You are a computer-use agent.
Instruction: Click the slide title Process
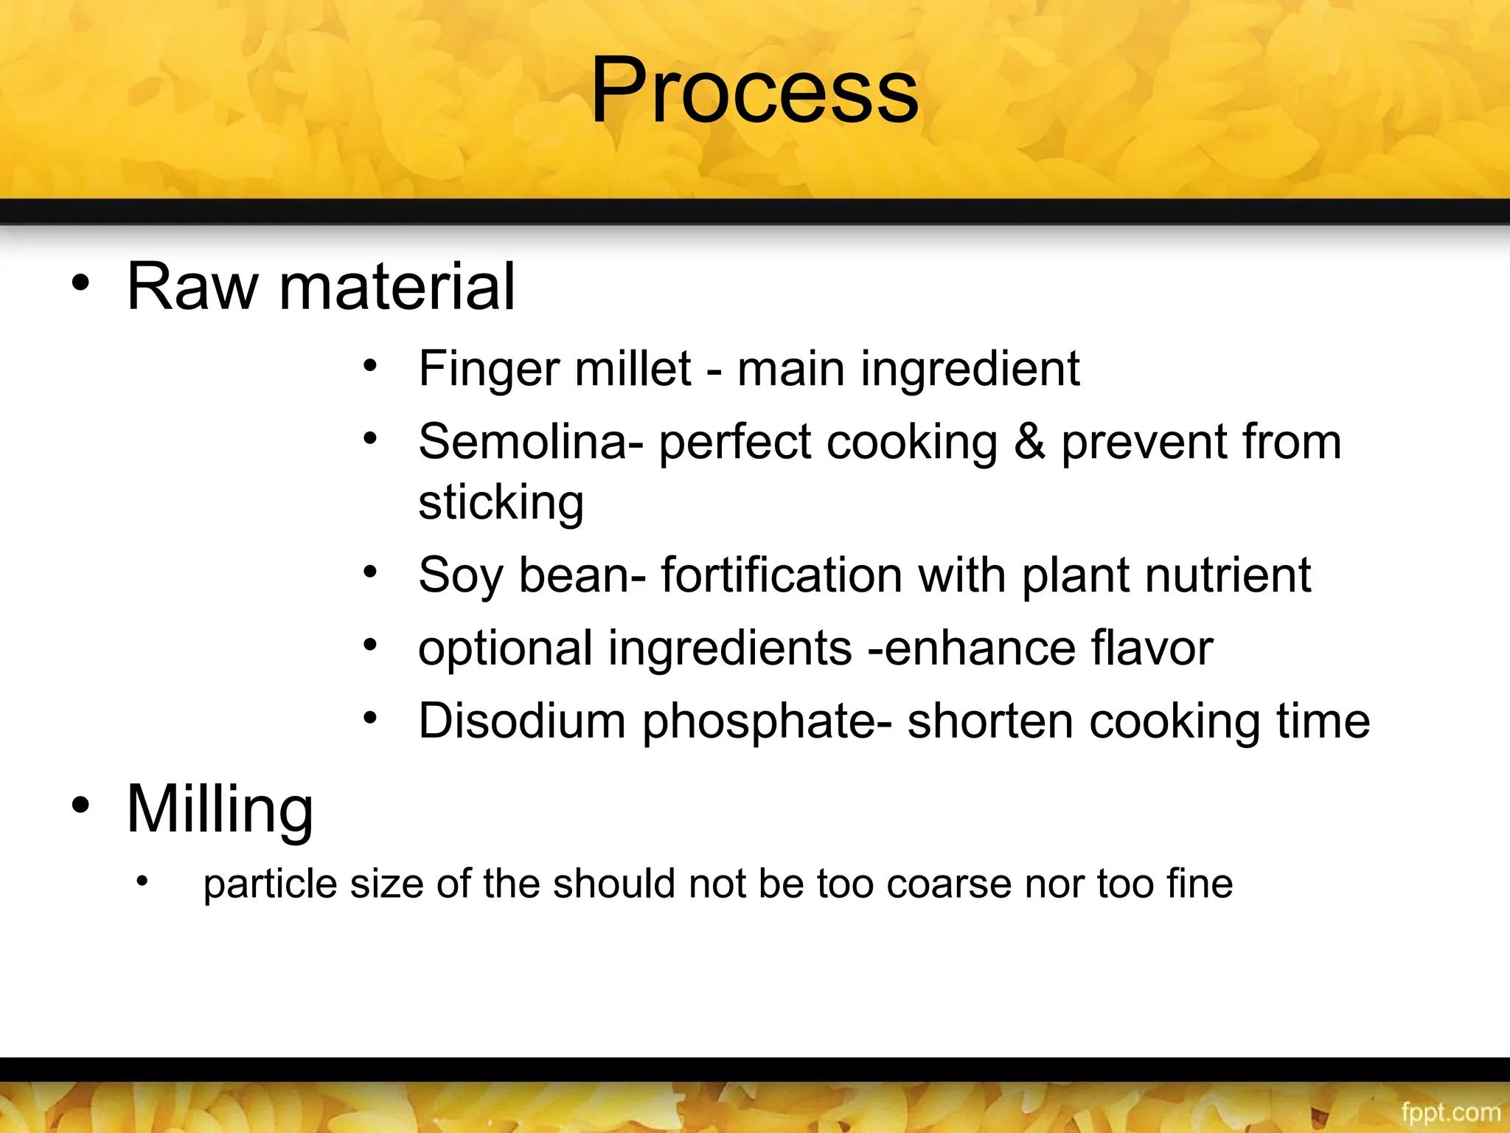(x=754, y=92)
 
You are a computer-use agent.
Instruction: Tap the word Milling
(x=220, y=809)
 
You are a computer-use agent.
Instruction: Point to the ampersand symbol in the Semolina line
(x=1029, y=443)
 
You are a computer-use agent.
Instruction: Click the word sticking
(x=501, y=503)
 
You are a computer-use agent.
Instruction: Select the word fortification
(x=781, y=575)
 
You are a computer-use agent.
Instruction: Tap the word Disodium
(x=522, y=721)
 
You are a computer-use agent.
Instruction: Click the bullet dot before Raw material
(x=80, y=283)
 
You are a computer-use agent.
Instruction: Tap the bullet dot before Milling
(x=80, y=805)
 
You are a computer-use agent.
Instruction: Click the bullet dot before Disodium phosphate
(x=370, y=718)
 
